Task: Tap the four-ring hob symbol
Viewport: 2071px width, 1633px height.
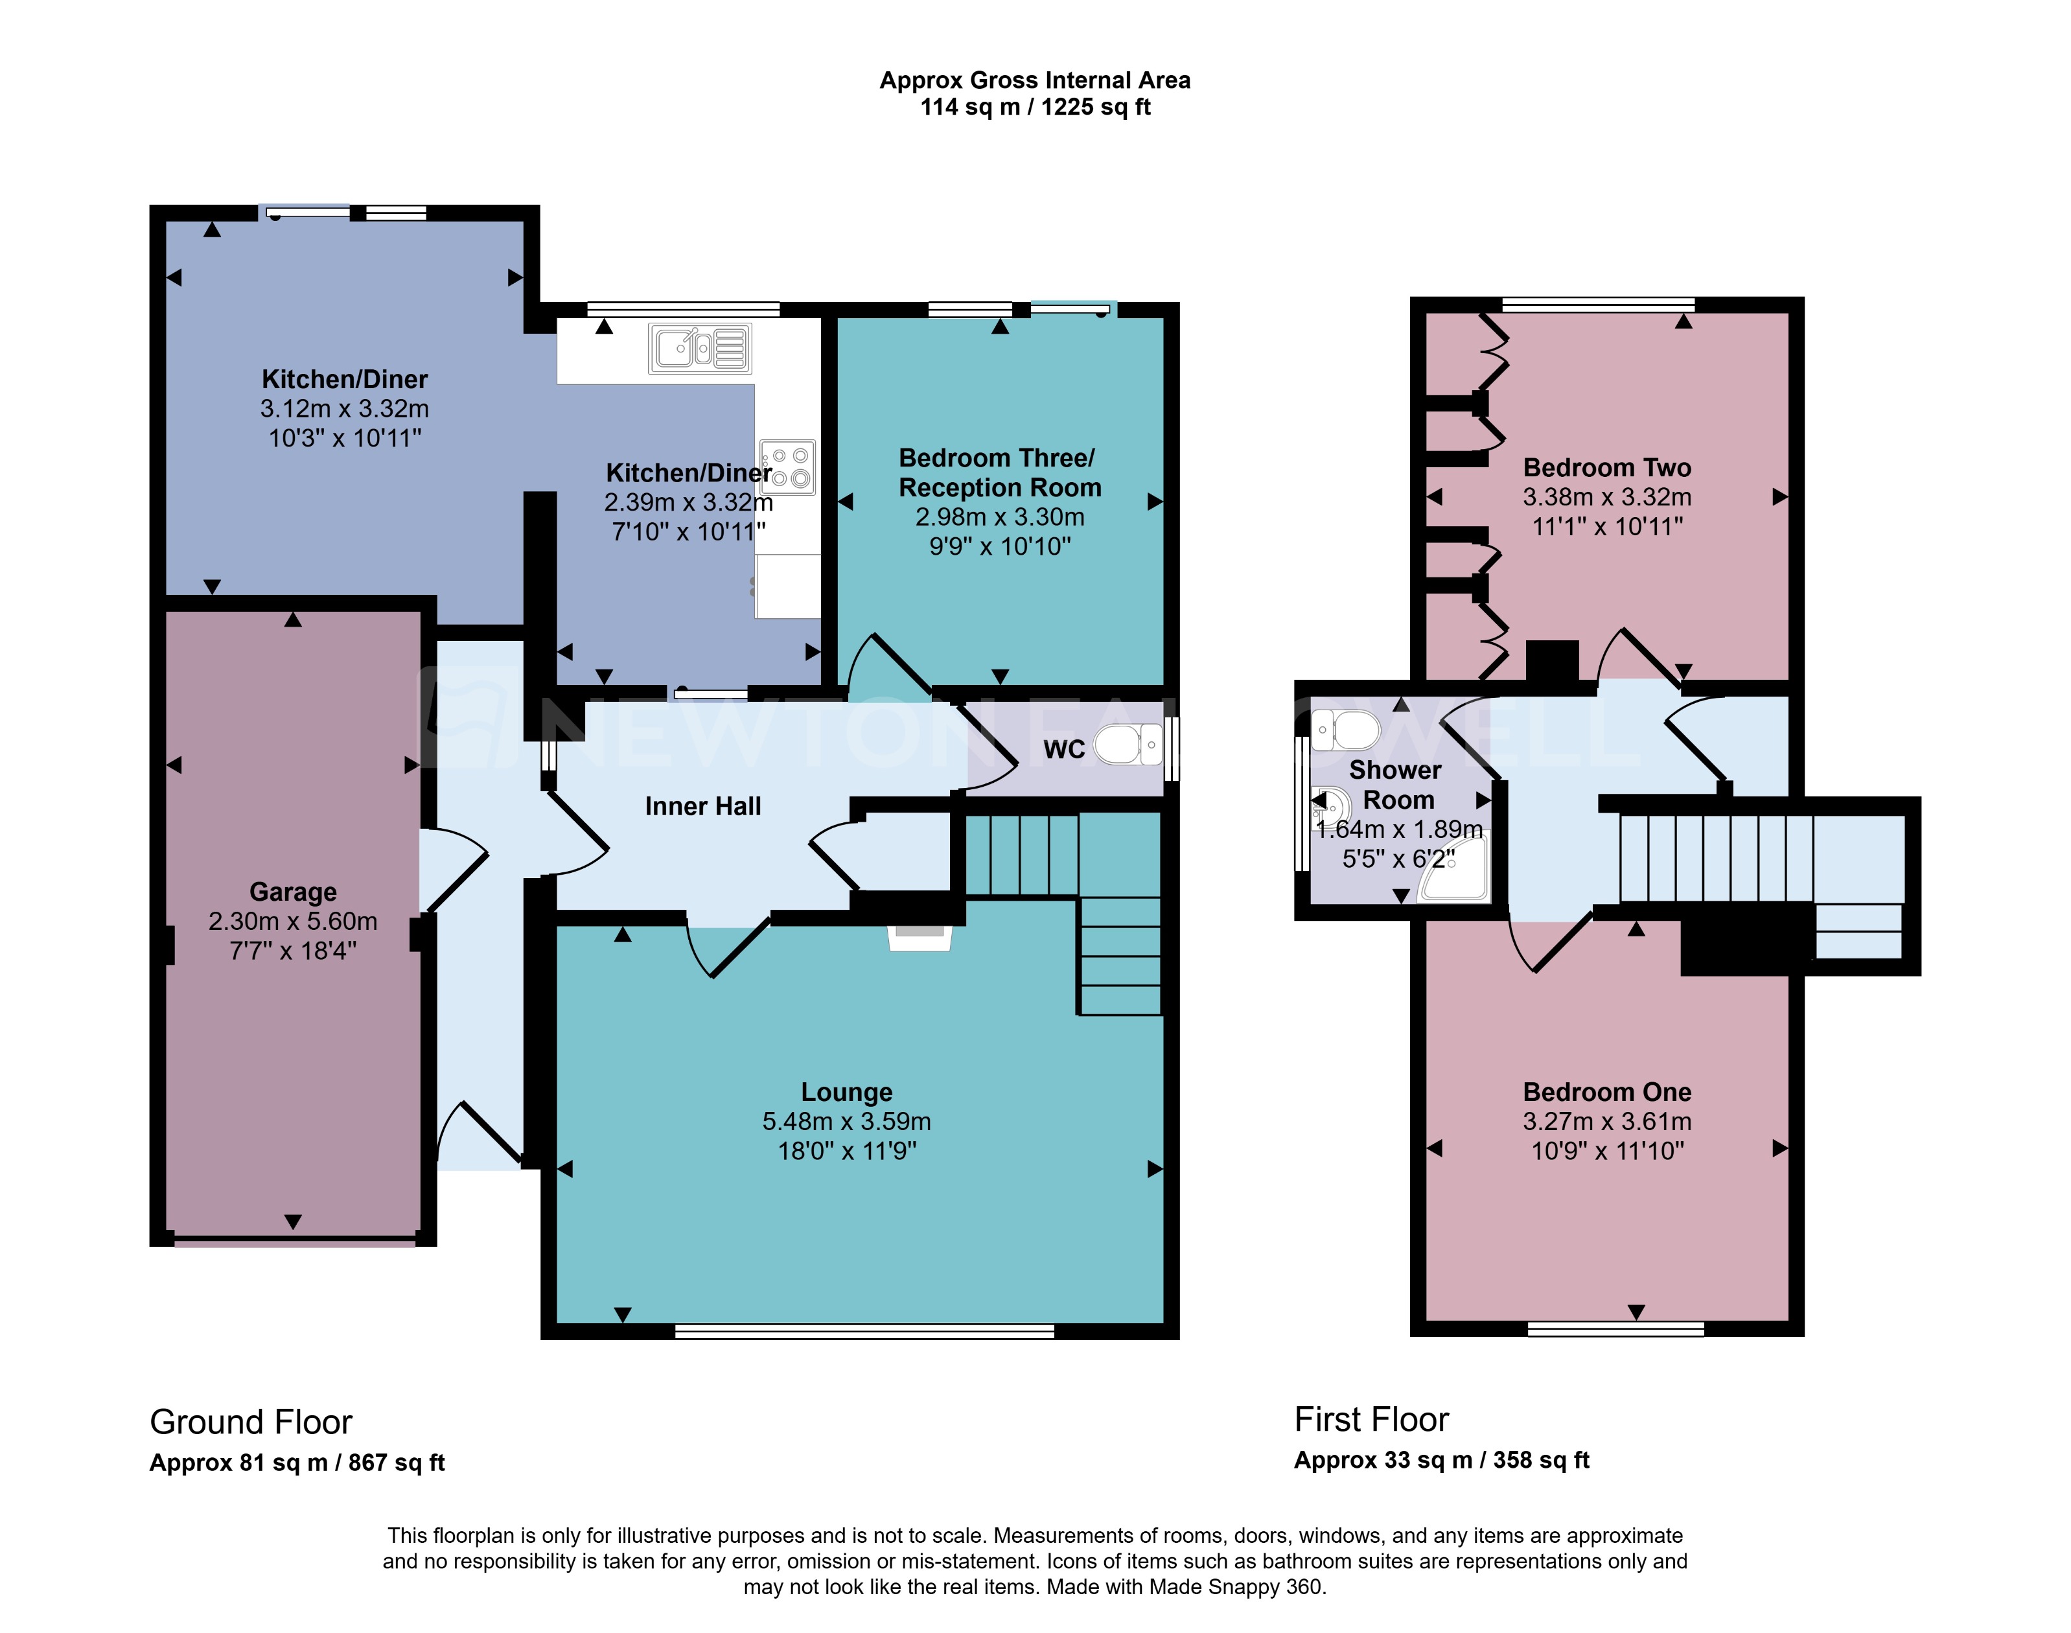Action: click(788, 467)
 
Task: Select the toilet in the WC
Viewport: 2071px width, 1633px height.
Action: click(1128, 745)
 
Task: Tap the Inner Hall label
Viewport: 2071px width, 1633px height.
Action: click(703, 806)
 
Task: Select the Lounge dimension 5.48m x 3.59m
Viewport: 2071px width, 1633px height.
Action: click(846, 1120)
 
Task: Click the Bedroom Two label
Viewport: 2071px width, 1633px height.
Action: click(1606, 467)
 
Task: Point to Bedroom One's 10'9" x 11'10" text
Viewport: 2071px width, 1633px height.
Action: click(1607, 1150)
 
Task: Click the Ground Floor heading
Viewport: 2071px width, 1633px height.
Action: click(251, 1422)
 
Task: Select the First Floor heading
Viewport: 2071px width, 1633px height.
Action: click(1371, 1419)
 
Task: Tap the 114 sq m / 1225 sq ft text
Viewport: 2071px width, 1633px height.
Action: click(1035, 107)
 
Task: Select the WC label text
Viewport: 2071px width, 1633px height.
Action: click(1063, 748)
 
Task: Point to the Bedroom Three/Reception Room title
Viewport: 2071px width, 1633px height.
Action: click(999, 472)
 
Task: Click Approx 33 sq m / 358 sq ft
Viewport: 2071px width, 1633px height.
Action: click(1441, 1460)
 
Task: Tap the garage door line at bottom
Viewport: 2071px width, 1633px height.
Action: click(294, 1242)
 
